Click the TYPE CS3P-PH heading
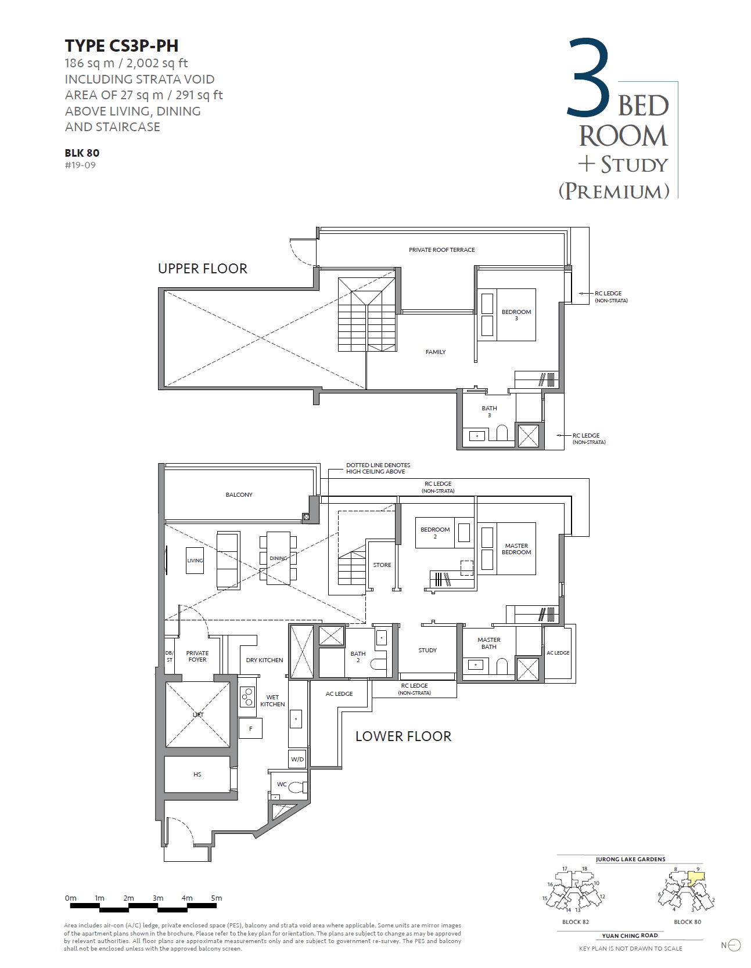coord(121,46)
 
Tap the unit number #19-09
coord(80,165)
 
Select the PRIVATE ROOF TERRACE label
coord(441,250)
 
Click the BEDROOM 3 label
coord(516,315)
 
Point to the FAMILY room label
coord(436,352)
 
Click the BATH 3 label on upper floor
coord(489,411)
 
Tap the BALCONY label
coord(239,495)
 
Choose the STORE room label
coord(382,565)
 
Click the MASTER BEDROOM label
coord(516,549)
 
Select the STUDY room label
coord(427,651)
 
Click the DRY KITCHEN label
coord(264,660)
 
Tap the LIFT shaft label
coord(198,715)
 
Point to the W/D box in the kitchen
coord(297,759)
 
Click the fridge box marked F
coord(251,729)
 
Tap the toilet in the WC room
coord(296,788)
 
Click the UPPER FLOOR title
coord(202,269)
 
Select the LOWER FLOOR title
coord(403,736)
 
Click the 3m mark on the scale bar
coord(158,898)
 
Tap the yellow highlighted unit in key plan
coord(696,876)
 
